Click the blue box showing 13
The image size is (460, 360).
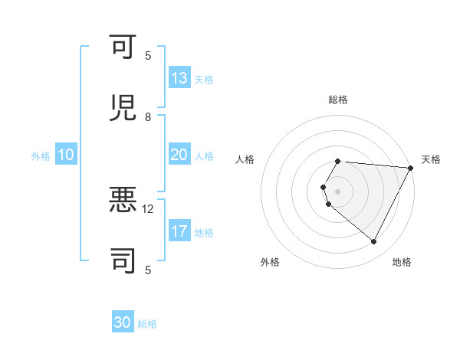point(179,78)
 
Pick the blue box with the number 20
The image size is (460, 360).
point(179,155)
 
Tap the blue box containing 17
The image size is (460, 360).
point(179,231)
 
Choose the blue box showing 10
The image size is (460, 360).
point(66,155)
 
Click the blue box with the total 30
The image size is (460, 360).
point(123,323)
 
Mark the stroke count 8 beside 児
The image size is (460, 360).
point(148,116)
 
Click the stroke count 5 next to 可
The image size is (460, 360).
point(148,55)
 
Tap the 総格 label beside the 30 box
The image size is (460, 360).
point(147,324)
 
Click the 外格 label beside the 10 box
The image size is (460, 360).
point(41,155)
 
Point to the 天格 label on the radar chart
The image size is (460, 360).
point(431,159)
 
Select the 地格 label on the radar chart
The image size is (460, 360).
point(402,262)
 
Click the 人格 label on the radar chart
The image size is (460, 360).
point(245,159)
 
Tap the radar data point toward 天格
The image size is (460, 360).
point(410,168)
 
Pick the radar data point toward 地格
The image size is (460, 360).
point(374,242)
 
